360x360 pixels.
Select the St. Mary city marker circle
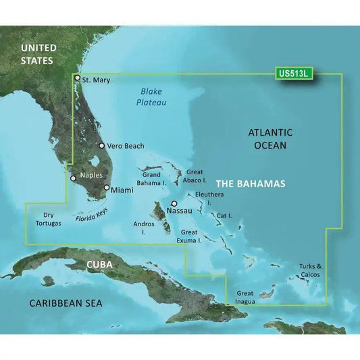click(x=78, y=78)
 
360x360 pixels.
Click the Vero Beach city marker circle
click(x=101, y=145)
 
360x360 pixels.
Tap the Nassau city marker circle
click(x=174, y=203)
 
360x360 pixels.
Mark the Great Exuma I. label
click(x=190, y=236)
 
